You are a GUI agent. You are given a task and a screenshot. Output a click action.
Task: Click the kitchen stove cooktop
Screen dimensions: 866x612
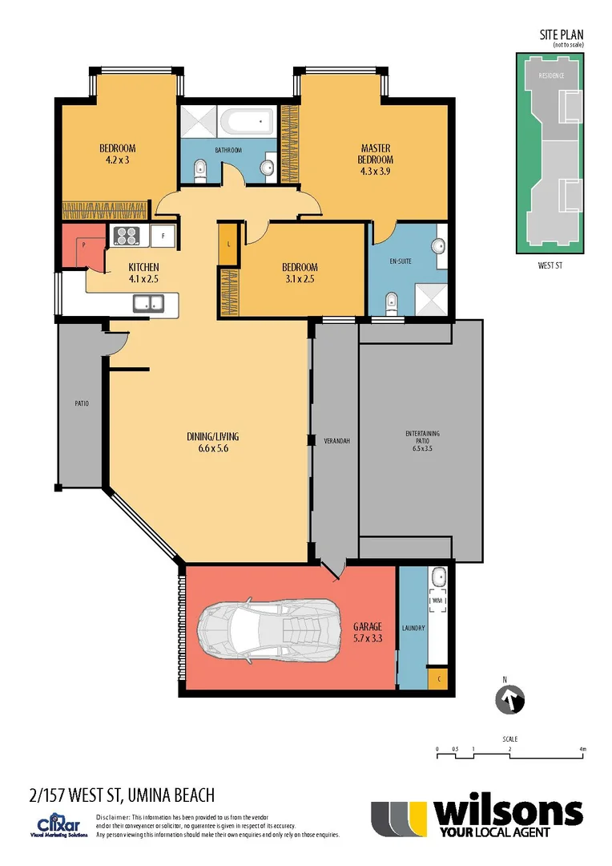point(127,236)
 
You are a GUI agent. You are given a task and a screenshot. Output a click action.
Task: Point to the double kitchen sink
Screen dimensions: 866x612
point(148,302)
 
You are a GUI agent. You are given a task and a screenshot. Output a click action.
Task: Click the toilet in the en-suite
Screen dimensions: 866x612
point(391,302)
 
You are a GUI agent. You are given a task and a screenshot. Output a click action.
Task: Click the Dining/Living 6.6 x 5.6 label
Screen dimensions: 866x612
point(212,443)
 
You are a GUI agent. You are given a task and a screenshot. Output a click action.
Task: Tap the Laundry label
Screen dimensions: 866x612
point(413,629)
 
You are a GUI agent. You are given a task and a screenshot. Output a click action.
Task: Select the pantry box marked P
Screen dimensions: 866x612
point(83,245)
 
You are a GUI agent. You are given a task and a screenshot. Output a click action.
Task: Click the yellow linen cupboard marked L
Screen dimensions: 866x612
point(228,244)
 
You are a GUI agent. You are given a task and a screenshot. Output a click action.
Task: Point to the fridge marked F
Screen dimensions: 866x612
point(163,237)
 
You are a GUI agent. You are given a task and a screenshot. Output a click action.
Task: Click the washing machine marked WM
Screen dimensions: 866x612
point(437,600)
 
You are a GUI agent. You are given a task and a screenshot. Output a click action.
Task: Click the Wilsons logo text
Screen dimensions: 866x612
point(507,813)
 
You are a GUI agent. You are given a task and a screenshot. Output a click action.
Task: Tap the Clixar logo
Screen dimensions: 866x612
point(56,825)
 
